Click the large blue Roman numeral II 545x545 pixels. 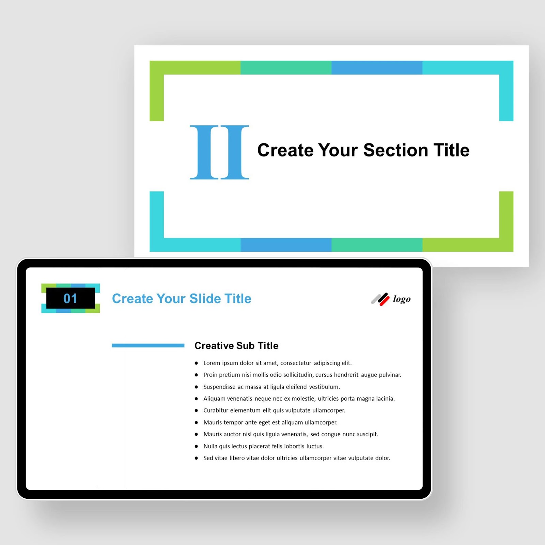(x=219, y=152)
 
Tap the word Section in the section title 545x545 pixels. (x=395, y=150)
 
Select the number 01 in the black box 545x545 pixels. (x=70, y=298)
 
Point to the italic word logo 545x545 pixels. (x=402, y=299)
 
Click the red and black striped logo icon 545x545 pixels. (x=380, y=299)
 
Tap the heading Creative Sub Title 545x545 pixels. (x=236, y=346)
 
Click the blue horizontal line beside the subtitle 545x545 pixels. (x=148, y=345)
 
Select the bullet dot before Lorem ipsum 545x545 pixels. (x=196, y=363)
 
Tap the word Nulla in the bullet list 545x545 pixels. (x=210, y=446)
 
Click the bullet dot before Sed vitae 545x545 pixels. (x=196, y=458)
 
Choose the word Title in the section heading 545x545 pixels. (x=451, y=150)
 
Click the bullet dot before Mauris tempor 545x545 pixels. (x=196, y=423)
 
